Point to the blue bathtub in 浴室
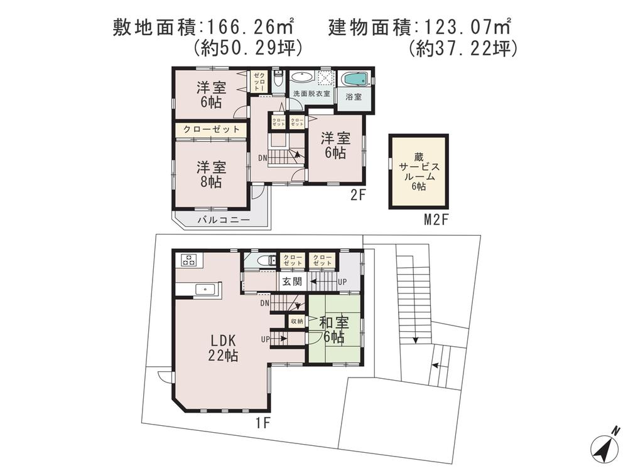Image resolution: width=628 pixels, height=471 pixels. [354, 81]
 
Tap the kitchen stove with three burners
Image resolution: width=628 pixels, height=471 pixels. [189, 260]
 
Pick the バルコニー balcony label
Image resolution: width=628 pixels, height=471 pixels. [224, 220]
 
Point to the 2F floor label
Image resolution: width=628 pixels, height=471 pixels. [358, 194]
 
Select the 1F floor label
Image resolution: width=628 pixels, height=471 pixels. [263, 423]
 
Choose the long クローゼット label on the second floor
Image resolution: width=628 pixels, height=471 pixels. [211, 129]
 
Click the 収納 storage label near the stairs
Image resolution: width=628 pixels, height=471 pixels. [295, 321]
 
